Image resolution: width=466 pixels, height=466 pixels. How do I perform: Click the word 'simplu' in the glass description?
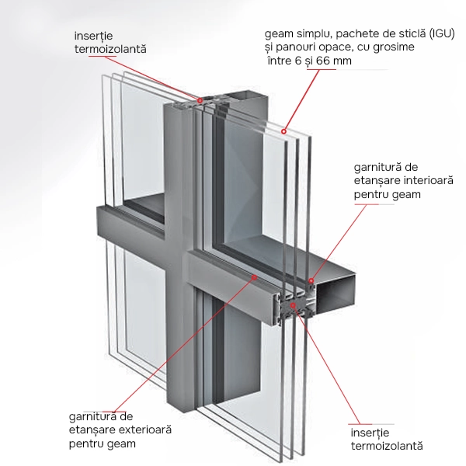coord(313,34)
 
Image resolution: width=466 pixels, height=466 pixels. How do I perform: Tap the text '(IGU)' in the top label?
coord(442,34)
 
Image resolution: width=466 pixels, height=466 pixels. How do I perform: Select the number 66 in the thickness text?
coord(323,61)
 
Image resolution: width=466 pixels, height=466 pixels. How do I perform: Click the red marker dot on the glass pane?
coord(283,131)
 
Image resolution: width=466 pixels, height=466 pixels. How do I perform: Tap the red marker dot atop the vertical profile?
coord(200,101)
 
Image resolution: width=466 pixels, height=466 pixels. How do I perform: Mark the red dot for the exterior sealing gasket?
coord(254,277)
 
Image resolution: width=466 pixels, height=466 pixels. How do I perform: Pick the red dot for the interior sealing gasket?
coord(311,280)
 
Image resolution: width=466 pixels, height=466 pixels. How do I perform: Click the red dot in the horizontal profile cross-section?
coord(293,305)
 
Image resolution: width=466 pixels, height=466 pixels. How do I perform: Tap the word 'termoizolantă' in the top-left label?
coord(110,49)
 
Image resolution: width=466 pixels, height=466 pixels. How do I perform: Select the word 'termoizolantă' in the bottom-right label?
coord(387,446)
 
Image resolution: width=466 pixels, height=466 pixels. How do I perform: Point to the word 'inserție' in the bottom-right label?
coord(370,433)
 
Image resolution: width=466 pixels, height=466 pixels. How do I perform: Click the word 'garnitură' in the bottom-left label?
coord(91,416)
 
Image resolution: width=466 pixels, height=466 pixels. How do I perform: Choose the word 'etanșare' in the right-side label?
coord(377,181)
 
